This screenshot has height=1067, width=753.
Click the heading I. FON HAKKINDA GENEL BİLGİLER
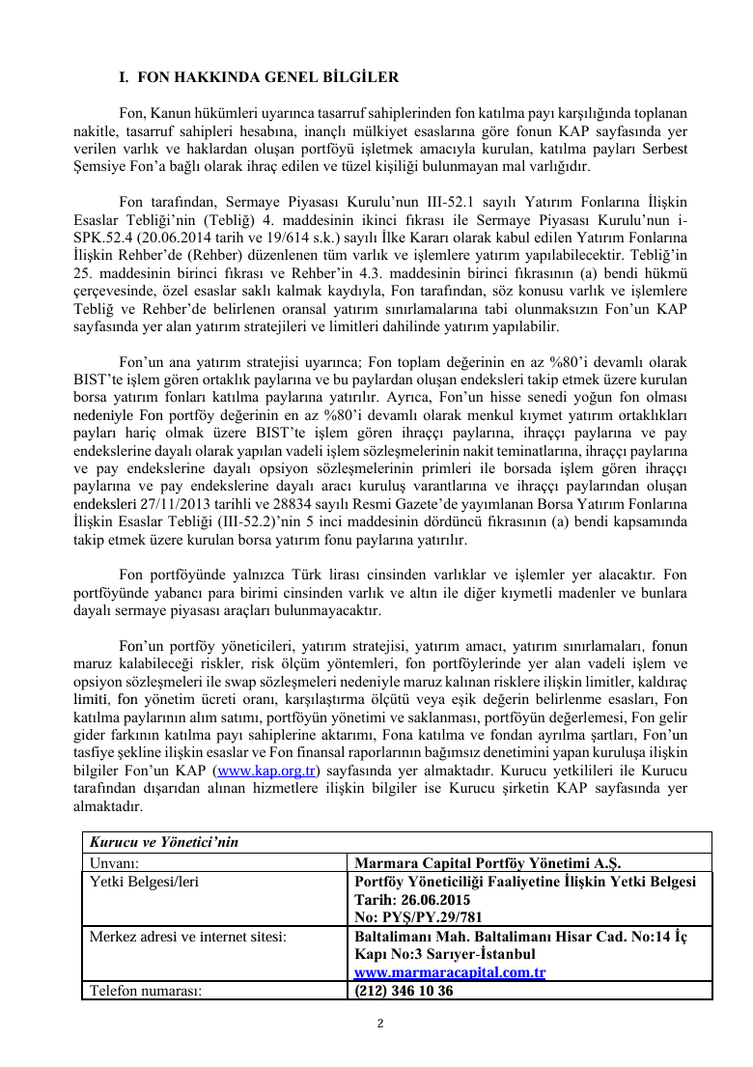pyautogui.click(x=257, y=76)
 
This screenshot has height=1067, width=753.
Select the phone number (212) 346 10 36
pyautogui.click(x=404, y=991)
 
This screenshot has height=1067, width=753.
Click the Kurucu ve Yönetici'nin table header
pyautogui.click(x=164, y=842)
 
